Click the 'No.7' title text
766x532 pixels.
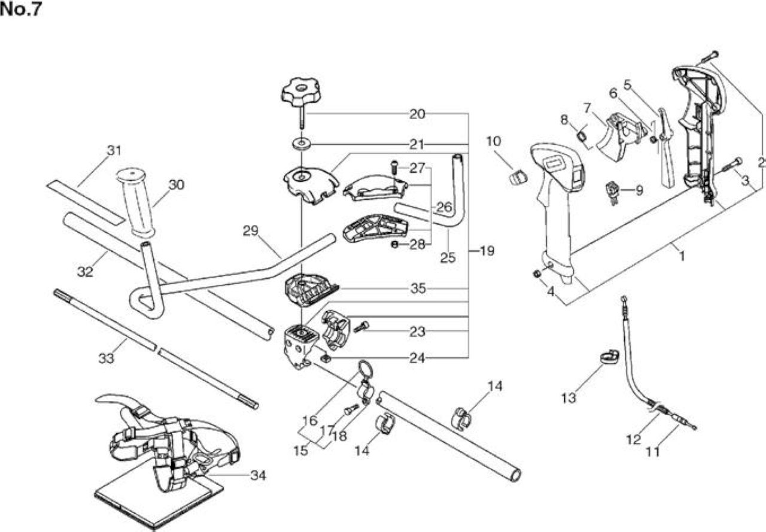pos(20,10)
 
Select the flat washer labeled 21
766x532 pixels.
pos(302,143)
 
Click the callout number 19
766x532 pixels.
pos(487,251)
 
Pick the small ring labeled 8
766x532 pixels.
pos(582,136)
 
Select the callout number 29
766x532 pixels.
pos(250,231)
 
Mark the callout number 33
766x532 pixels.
pos(106,358)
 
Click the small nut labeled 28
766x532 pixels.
pos(395,245)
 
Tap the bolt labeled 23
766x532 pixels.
pos(361,327)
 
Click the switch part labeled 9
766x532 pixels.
pos(612,193)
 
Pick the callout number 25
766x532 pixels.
pos(448,258)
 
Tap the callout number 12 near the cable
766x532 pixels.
pos(633,439)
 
